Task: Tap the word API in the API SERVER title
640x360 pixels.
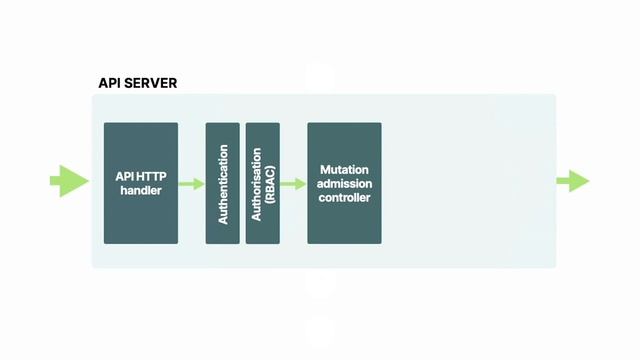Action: pos(110,83)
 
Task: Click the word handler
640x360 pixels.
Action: pos(141,191)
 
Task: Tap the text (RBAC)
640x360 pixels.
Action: pos(270,182)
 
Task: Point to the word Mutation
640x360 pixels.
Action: pos(344,170)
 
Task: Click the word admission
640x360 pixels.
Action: pos(344,184)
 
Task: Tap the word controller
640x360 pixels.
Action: pos(344,198)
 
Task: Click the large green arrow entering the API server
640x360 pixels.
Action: pos(69,181)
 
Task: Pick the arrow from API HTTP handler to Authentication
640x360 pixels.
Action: pos(191,184)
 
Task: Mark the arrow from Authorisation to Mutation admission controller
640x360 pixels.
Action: pos(293,184)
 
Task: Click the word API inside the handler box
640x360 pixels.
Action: pos(124,177)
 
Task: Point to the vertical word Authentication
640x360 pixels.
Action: pos(223,184)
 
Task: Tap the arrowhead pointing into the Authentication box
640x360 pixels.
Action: pos(199,184)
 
